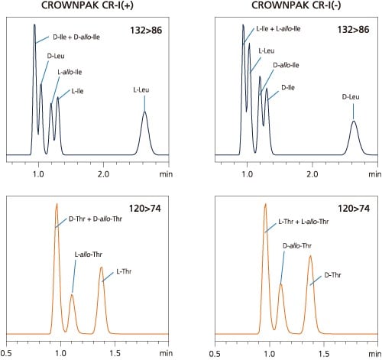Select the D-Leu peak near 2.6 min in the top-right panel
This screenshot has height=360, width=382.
coord(353,122)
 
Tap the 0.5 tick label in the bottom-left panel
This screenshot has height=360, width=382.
coord(7,354)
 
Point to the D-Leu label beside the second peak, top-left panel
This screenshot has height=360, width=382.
coord(55,56)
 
